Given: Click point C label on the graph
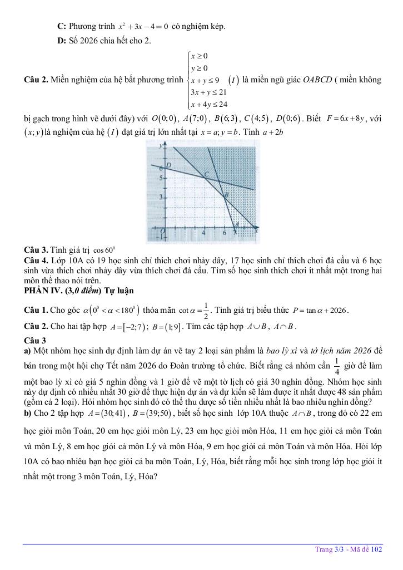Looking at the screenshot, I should tap(206, 175).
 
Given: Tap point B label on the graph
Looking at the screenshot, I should tap(225, 195).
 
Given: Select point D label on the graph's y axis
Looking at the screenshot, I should tap(168, 165).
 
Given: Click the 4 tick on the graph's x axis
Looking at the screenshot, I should tap(203, 233).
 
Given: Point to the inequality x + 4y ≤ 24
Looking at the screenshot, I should tap(209, 104).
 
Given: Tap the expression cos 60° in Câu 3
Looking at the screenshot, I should tap(104, 250).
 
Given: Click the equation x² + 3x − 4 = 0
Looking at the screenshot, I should tap(143, 27).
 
